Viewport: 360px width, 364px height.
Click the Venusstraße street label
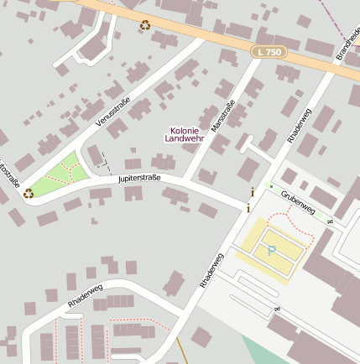114,110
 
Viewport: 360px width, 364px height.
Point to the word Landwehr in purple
185,139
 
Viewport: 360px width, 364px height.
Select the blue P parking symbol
271,250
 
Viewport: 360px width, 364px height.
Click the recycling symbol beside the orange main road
145,25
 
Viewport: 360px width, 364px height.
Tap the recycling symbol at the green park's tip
29,193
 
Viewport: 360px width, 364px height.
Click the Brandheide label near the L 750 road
346,42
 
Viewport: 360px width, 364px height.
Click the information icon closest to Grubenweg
252,192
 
